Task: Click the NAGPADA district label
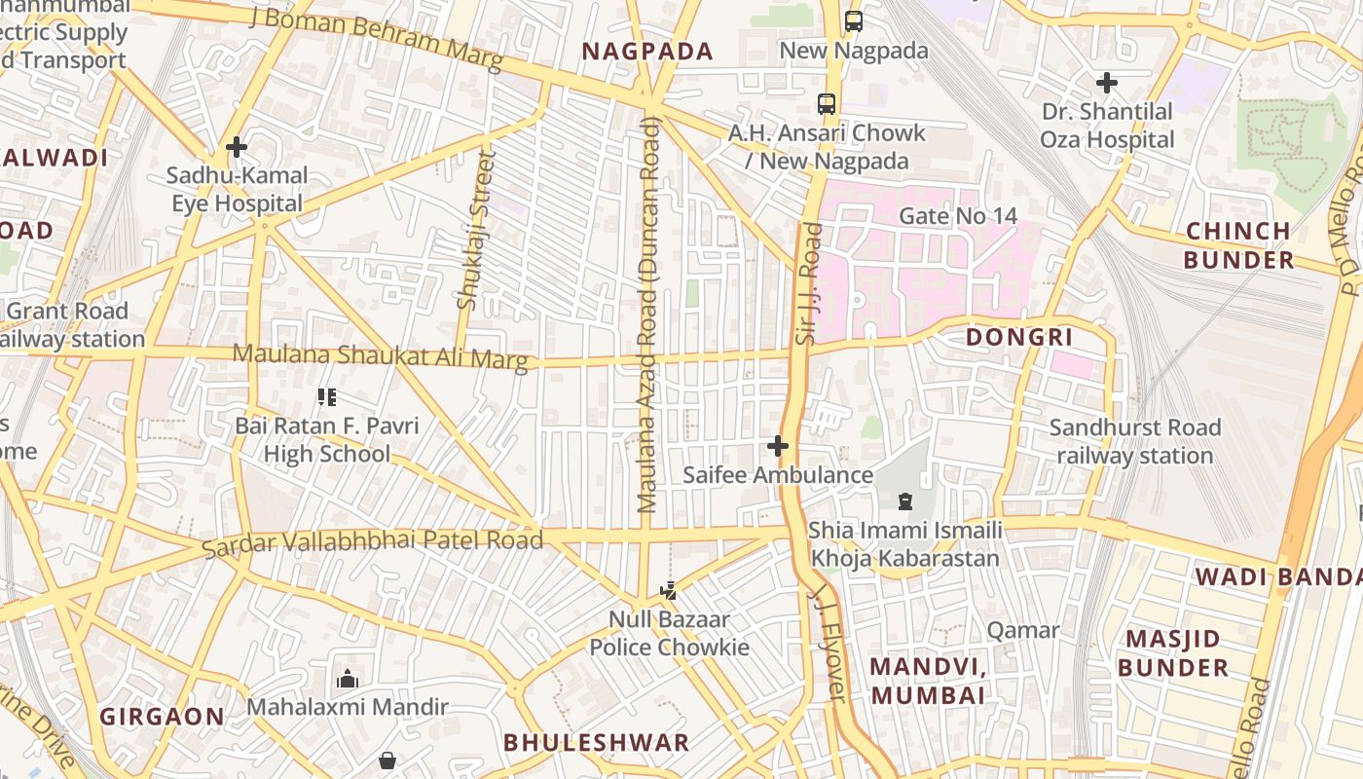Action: click(647, 52)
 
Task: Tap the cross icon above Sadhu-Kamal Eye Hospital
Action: click(236, 147)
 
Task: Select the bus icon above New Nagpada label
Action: click(854, 20)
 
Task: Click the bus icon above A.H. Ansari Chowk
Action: click(826, 103)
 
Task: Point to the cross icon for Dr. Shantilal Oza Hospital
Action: click(1107, 83)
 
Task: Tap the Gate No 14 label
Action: click(957, 215)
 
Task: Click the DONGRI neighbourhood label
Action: click(1018, 338)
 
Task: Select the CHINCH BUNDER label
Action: click(1238, 245)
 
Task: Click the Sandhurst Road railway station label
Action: click(1134, 441)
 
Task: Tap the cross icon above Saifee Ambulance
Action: click(777, 446)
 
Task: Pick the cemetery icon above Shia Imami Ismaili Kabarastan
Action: click(904, 501)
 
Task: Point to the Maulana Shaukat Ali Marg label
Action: click(380, 356)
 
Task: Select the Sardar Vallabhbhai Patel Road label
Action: click(372, 541)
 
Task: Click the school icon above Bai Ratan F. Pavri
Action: click(327, 396)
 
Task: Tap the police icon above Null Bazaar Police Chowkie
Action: click(668, 590)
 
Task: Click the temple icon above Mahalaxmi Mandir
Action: click(347, 679)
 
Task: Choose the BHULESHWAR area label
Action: click(596, 742)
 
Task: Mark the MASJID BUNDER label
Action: click(1172, 653)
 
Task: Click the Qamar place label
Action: click(1022, 630)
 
